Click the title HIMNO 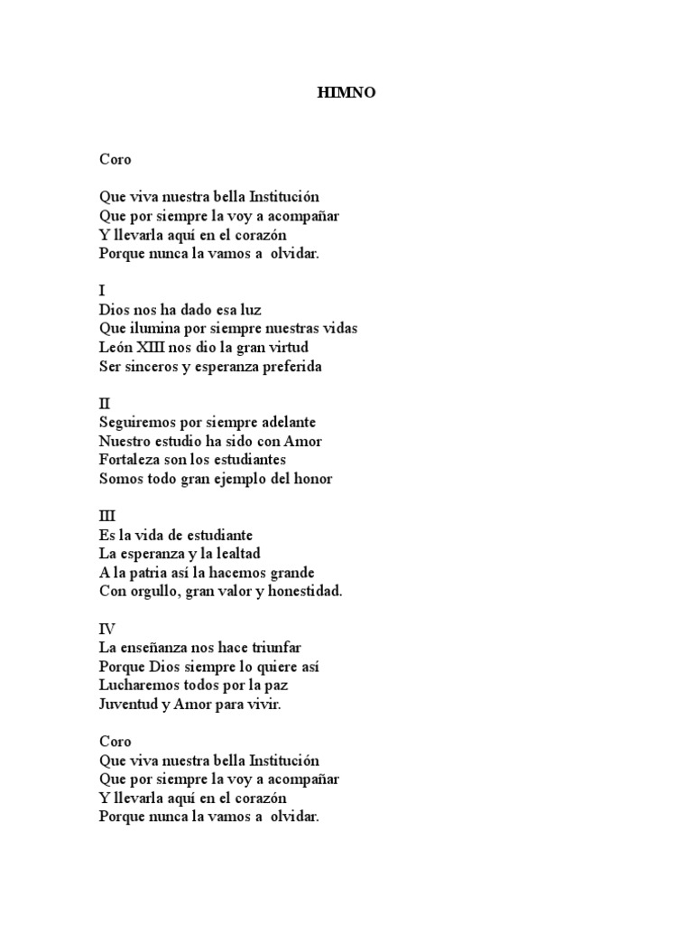[x=346, y=92]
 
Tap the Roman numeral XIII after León [x=156, y=347]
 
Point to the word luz [x=249, y=309]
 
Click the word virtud [x=289, y=347]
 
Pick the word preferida [x=290, y=367]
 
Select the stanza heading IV [x=107, y=629]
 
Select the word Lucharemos [x=134, y=686]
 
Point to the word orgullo [x=158, y=591]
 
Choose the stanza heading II [x=104, y=404]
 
